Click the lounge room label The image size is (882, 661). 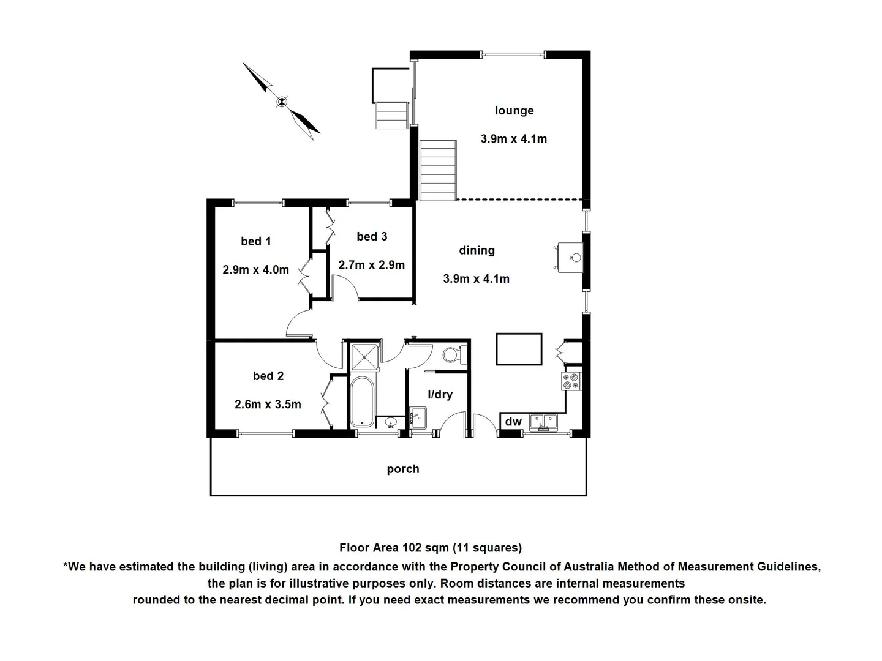[x=514, y=111]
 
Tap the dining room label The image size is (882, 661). [x=477, y=250]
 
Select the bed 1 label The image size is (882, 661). [x=256, y=242]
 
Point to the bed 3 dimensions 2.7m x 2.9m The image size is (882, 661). [x=372, y=265]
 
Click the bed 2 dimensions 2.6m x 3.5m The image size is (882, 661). [x=268, y=405]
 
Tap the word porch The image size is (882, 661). [x=403, y=469]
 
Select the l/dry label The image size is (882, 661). [x=440, y=395]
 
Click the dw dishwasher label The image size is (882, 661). [x=513, y=422]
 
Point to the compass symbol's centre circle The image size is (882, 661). [x=282, y=102]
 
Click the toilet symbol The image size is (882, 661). [x=453, y=355]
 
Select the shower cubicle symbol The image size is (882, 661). [x=364, y=356]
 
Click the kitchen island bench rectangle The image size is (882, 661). [x=519, y=349]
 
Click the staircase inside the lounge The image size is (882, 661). [x=439, y=170]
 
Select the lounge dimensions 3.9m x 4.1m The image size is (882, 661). [x=514, y=139]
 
